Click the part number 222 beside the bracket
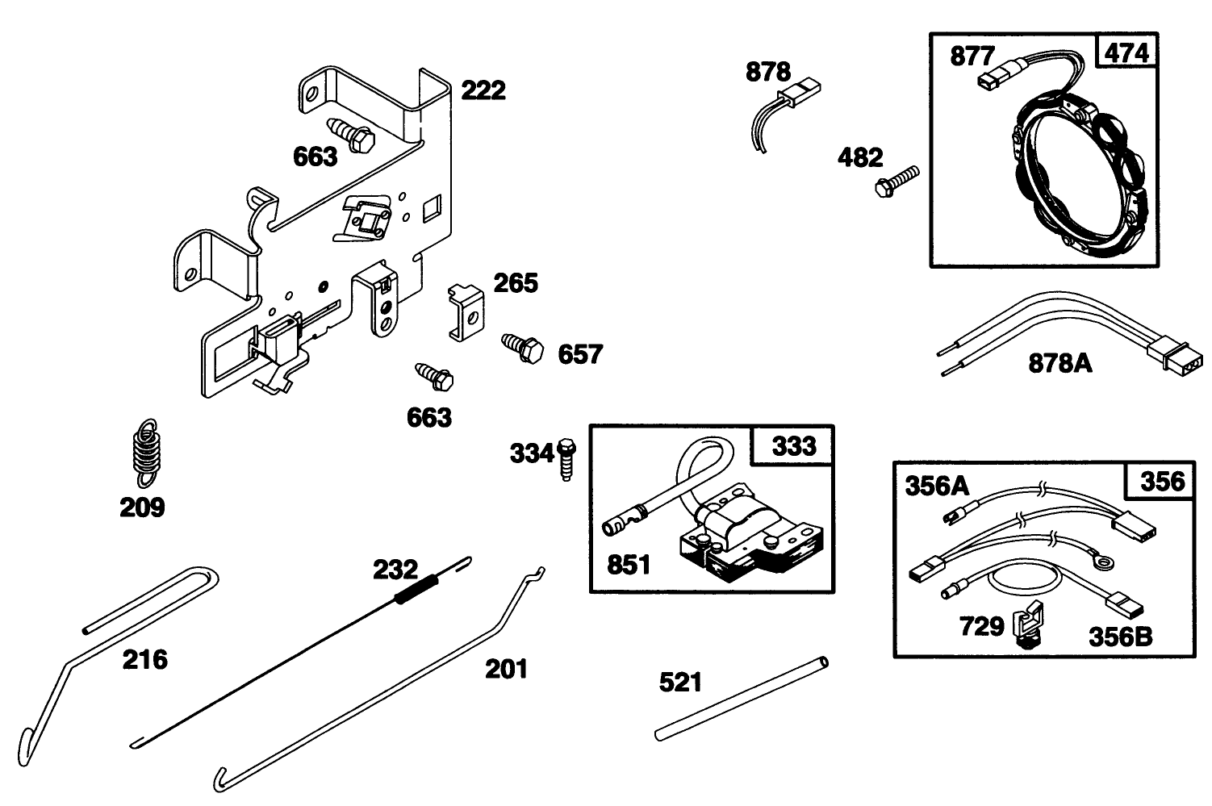pyautogui.click(x=483, y=90)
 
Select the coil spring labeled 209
pyautogui.click(x=144, y=453)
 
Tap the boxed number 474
pyautogui.click(x=1126, y=52)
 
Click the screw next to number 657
pyautogui.click(x=521, y=347)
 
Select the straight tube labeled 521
pyautogui.click(x=741, y=698)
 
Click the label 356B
pyautogui.click(x=1120, y=637)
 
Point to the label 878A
pyautogui.click(x=1060, y=364)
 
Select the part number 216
pyautogui.click(x=145, y=660)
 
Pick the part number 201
pyautogui.click(x=506, y=669)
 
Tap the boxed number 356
pyautogui.click(x=1163, y=482)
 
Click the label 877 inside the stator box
pyautogui.click(x=972, y=56)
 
